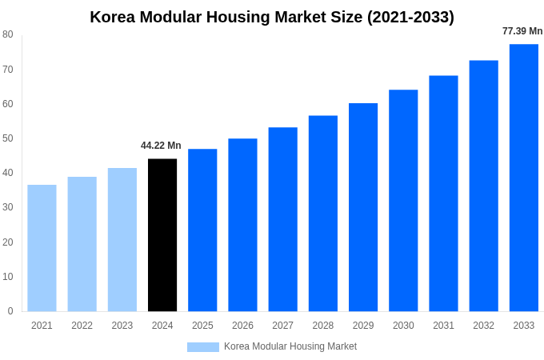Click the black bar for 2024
[x=162, y=235]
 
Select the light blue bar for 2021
[x=42, y=248]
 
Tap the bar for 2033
[x=524, y=178]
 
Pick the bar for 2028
[x=323, y=214]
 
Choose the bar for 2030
[x=403, y=201]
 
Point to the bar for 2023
[x=122, y=239]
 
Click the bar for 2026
[x=242, y=225]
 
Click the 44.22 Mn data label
[x=161, y=146]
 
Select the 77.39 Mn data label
[x=522, y=31]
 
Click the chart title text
[x=272, y=17]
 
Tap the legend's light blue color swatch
[x=203, y=347]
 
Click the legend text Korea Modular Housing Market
[x=290, y=346]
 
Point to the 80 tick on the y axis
[x=8, y=34]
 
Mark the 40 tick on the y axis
[x=8, y=173]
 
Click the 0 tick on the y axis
[x=10, y=311]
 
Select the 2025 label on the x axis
[x=202, y=326]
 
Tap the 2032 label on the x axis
[x=483, y=326]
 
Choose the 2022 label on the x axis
[x=82, y=326]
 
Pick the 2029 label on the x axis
[x=363, y=326]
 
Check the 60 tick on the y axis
[x=8, y=104]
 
